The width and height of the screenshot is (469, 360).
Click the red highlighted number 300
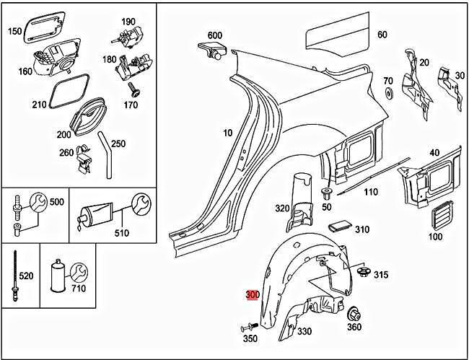[x=253, y=296]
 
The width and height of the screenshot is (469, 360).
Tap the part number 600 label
[x=214, y=35]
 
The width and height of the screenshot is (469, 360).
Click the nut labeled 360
[x=354, y=315]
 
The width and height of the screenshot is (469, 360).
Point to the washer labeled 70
[x=388, y=94]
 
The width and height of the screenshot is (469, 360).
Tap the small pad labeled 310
[x=338, y=227]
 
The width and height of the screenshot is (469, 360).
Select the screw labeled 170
[x=133, y=89]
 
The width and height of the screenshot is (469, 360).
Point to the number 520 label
[x=25, y=275]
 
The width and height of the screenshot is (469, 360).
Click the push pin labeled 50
[x=326, y=193]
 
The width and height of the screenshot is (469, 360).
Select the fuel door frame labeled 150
[x=39, y=30]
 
